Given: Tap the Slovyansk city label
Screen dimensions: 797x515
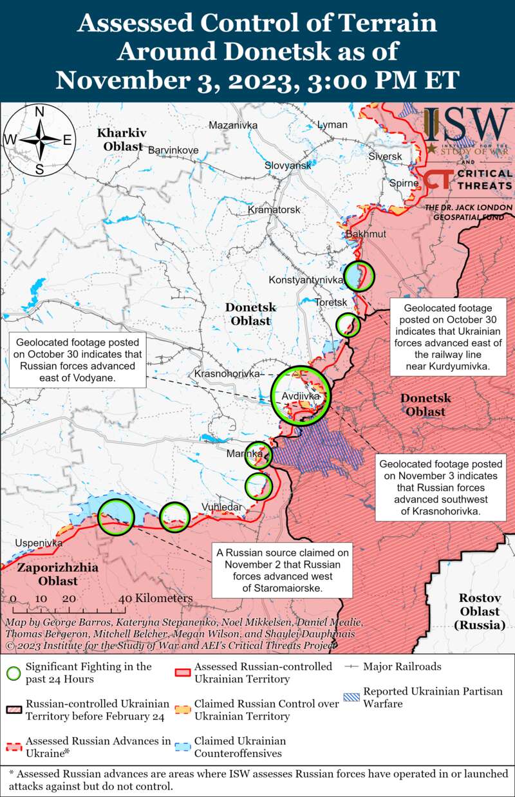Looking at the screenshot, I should pyautogui.click(x=288, y=165).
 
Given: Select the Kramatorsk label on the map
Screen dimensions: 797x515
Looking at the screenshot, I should pyautogui.click(x=274, y=211).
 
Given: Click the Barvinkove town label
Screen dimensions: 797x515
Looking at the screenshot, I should pyautogui.click(x=173, y=150).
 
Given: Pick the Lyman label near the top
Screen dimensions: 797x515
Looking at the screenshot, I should pyautogui.click(x=332, y=125).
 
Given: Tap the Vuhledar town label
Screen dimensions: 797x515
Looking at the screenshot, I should pyautogui.click(x=222, y=507).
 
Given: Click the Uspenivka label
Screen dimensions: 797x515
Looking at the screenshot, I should pyautogui.click(x=38, y=543).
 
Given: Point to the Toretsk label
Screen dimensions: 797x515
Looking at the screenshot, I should pyautogui.click(x=332, y=302).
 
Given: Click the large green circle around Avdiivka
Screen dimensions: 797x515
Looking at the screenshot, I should pyautogui.click(x=300, y=395).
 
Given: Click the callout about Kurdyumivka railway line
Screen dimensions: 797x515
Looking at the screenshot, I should pyautogui.click(x=447, y=336).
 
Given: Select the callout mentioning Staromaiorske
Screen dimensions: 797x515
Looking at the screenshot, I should pyautogui.click(x=283, y=570).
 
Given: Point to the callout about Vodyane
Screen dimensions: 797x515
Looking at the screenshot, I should pyautogui.click(x=75, y=361).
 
